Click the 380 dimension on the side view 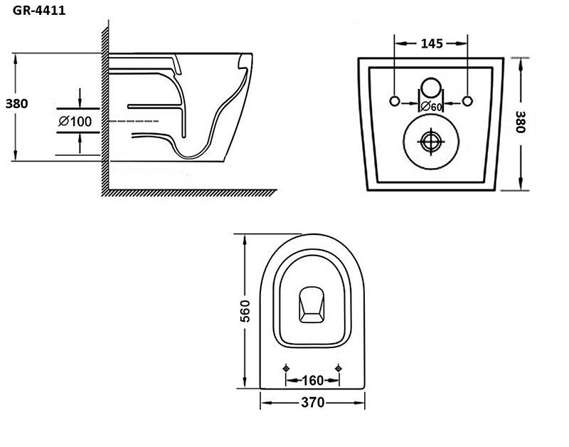[x=16, y=103]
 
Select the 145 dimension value [x=431, y=43]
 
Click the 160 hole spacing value [x=312, y=379]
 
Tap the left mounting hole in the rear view [x=396, y=98]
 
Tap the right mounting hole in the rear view [x=467, y=98]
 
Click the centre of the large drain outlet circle [x=431, y=140]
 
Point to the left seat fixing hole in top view [x=286, y=368]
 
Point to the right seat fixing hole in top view [x=339, y=368]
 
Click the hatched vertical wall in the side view [x=105, y=107]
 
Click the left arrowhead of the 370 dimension [x=265, y=402]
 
